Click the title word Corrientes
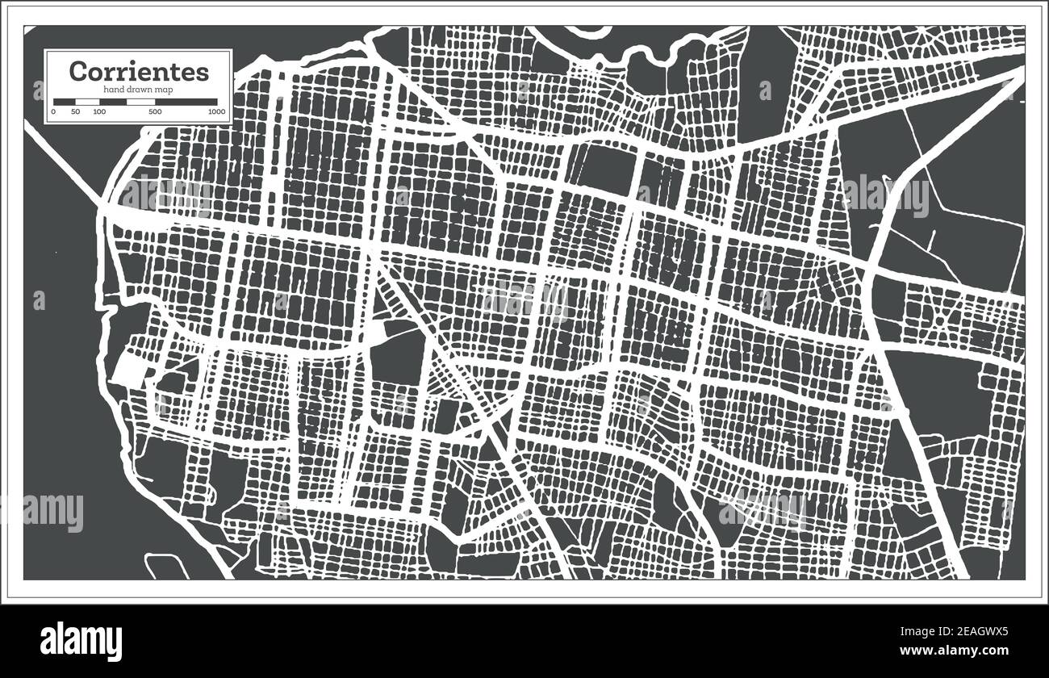point(139,71)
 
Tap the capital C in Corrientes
point(77,71)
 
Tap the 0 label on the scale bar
point(54,111)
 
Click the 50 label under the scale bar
point(75,111)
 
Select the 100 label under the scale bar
point(99,111)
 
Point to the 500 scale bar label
point(154,111)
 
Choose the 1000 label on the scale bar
point(215,111)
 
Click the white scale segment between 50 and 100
point(87,102)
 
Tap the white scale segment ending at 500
point(140,102)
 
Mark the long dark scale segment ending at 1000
point(185,102)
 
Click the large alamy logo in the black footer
point(81,641)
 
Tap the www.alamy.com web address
point(964,650)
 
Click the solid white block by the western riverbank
point(127,370)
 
